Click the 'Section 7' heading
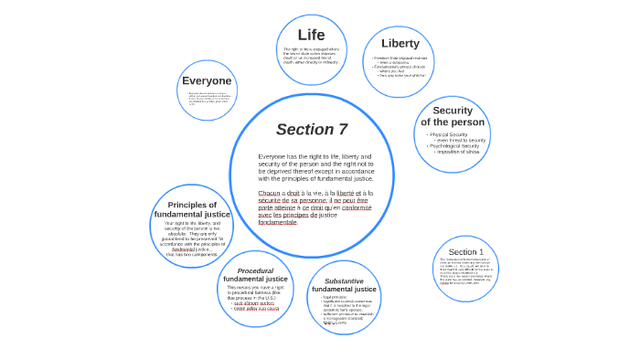point(312,129)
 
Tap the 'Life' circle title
point(311,35)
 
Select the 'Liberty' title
point(400,43)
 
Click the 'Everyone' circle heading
point(207,80)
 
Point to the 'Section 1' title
point(466,251)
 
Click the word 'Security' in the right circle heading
point(453,111)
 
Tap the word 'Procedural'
point(255,270)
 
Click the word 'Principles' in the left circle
point(192,205)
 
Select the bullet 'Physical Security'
point(448,134)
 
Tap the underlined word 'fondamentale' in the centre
point(278,222)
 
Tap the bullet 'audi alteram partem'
point(256,303)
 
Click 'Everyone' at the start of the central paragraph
point(273,156)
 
